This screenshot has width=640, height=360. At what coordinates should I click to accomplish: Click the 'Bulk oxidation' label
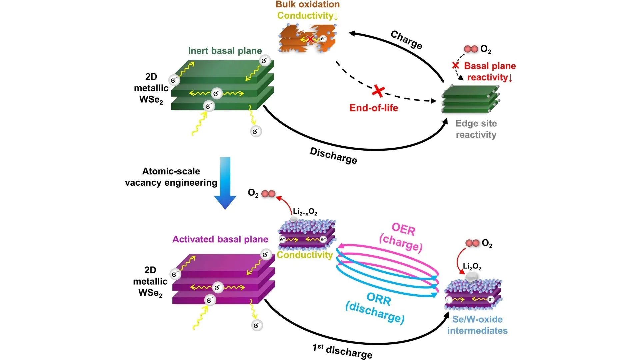point(307,5)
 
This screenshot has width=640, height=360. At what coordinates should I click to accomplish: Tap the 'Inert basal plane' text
point(225,51)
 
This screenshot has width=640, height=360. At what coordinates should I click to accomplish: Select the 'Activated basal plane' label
point(220,239)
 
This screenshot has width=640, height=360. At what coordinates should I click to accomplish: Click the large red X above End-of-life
point(378,91)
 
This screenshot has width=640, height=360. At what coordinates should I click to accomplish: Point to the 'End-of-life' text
point(374,108)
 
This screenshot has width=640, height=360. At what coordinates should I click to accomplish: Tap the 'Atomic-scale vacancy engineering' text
point(171,177)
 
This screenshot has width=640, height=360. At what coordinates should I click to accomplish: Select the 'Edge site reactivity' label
point(476,129)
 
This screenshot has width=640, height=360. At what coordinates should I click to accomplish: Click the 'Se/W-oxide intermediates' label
point(477,325)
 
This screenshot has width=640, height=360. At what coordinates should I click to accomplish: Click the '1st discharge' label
point(342,351)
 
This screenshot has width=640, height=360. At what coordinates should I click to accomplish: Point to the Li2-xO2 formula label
point(305,212)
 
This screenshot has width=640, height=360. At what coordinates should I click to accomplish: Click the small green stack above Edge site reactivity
point(470,99)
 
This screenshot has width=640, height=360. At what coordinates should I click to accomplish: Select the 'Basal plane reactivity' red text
point(490,72)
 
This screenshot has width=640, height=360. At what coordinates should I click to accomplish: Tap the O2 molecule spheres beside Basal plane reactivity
point(471,49)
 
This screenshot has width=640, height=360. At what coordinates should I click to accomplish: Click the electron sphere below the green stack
point(256,131)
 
